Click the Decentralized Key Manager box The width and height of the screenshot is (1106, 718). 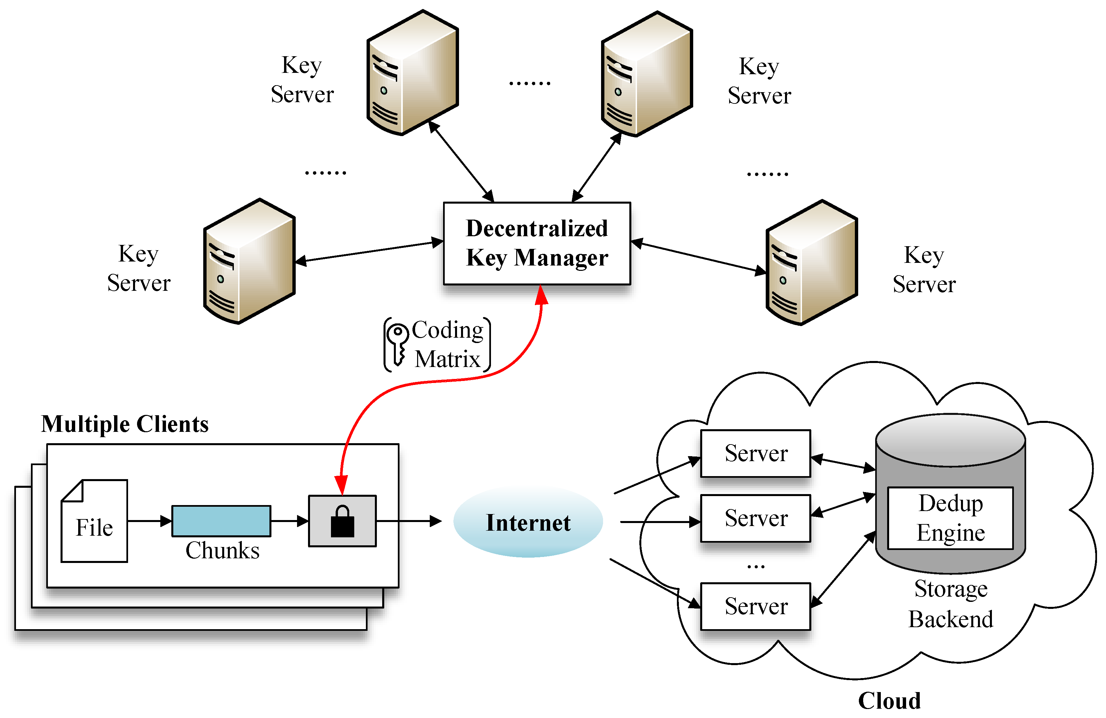(537, 243)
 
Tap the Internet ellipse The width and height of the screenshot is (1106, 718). (528, 522)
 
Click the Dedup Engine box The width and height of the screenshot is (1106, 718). (950, 518)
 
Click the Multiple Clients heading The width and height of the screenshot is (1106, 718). (124, 424)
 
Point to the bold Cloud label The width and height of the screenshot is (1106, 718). (889, 700)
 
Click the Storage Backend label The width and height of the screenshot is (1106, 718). (950, 604)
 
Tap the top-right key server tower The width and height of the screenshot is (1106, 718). (647, 74)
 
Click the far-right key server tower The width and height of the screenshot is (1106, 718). (811, 263)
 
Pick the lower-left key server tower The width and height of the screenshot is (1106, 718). (249, 261)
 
